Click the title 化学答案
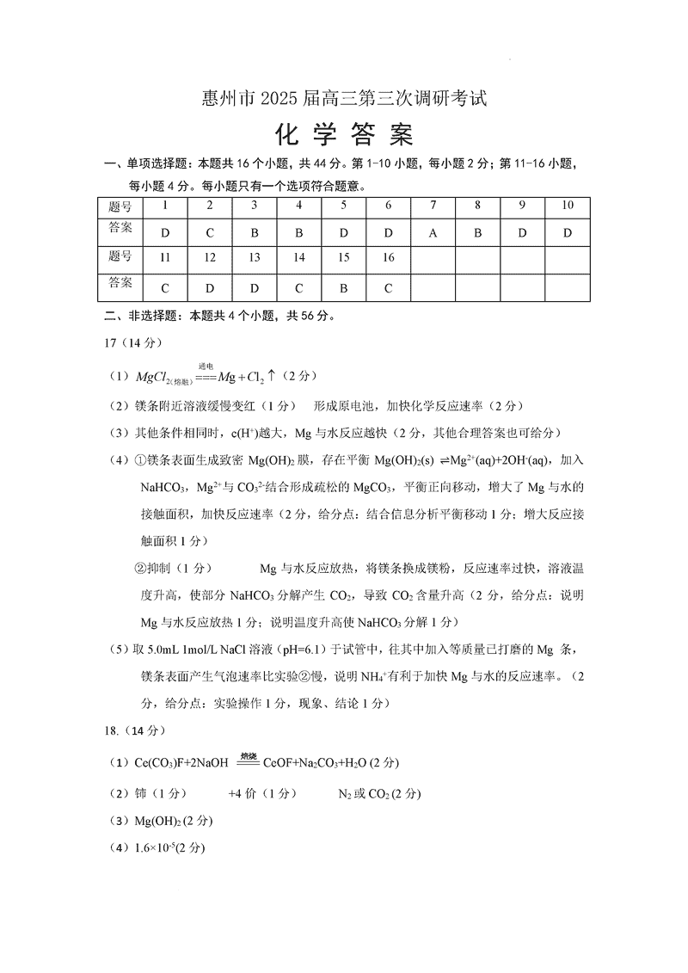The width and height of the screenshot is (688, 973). [343, 135]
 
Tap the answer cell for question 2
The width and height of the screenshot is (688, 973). [210, 233]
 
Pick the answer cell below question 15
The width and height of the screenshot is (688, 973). [343, 288]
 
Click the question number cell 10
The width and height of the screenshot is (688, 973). [568, 206]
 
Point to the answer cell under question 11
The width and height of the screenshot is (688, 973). [165, 288]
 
